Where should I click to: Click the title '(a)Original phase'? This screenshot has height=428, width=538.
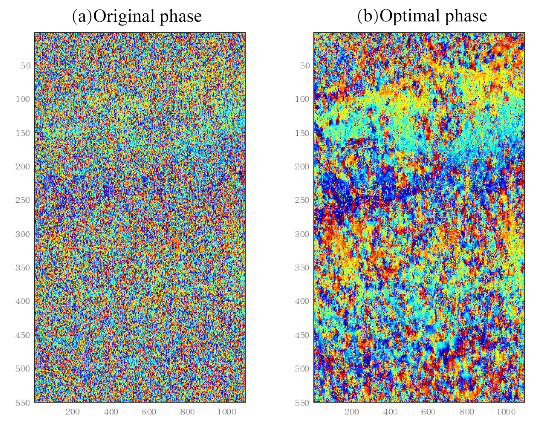137,16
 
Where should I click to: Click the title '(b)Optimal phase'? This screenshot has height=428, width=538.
422,16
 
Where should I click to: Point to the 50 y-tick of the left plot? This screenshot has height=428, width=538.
26,66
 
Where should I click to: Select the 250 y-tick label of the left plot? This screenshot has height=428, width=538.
23,200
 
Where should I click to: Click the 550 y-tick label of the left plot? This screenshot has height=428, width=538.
23,403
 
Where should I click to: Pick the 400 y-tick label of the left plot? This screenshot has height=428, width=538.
23,301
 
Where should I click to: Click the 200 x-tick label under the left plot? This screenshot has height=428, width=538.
72,412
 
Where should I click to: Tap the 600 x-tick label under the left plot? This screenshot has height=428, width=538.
149,412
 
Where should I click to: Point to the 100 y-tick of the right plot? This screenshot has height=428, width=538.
302,99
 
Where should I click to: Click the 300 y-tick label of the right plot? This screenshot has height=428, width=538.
302,234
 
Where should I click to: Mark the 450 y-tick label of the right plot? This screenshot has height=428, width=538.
302,335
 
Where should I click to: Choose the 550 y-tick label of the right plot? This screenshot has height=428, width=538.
302,403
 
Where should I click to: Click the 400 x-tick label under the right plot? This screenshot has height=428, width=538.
390,412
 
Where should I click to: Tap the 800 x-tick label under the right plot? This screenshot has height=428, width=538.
467,412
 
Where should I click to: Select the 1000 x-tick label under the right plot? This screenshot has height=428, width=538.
506,412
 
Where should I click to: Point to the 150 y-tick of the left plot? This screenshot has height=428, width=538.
23,133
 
